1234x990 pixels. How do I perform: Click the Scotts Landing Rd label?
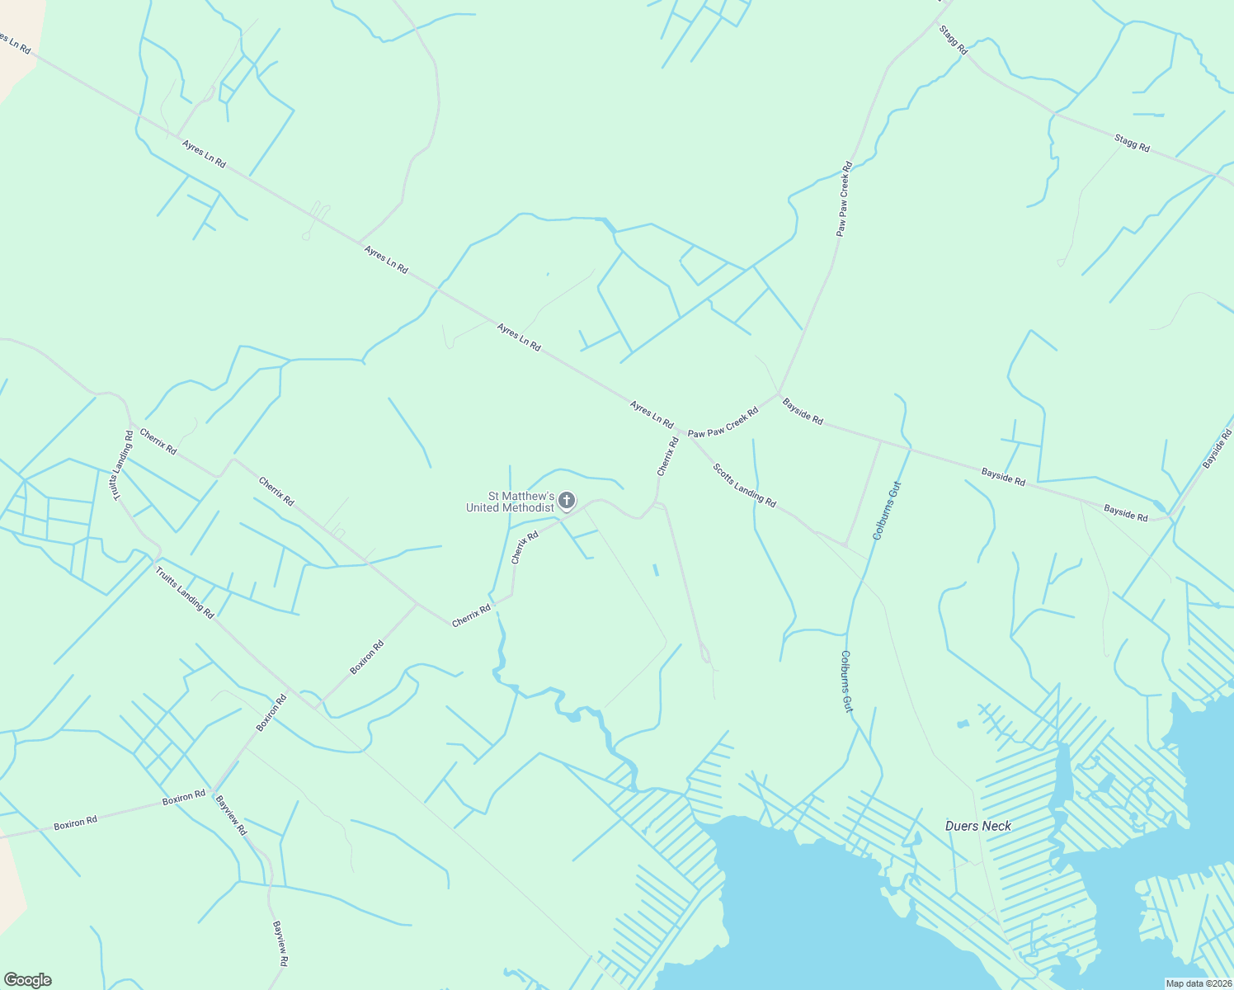point(745,485)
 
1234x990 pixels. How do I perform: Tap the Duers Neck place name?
point(978,826)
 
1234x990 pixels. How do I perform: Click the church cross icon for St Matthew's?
point(567,500)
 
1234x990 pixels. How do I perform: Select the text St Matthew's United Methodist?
point(510,502)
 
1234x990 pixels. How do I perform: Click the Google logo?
point(27,980)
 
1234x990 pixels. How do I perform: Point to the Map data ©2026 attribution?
point(1197,983)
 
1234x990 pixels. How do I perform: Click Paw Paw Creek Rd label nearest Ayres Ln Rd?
point(723,422)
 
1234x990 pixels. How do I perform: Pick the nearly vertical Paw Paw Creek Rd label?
point(843,199)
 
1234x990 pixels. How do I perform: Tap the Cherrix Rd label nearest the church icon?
point(525,547)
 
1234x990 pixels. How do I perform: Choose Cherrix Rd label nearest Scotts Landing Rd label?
point(668,457)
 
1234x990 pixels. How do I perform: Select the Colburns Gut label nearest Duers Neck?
point(846,681)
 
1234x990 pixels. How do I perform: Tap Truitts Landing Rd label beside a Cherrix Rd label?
point(119,464)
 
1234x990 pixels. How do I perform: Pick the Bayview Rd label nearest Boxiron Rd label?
point(231,814)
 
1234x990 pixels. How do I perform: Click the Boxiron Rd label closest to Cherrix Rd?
point(367,658)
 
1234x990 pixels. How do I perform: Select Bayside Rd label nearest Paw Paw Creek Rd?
point(803,411)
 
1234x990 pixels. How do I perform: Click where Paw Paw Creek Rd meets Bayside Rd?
point(779,394)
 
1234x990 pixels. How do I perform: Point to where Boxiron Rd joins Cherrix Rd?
point(417,604)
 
